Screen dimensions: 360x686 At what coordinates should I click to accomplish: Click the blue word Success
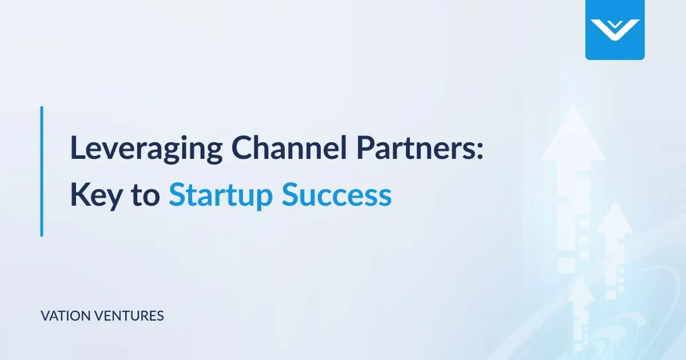coord(337,195)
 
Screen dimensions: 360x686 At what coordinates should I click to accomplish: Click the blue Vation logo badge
coord(615,30)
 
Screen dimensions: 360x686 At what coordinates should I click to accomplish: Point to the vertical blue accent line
coord(42,171)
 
